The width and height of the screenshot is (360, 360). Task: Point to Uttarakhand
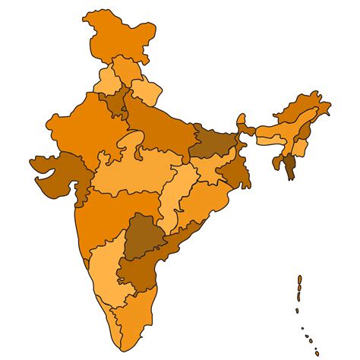(x=147, y=93)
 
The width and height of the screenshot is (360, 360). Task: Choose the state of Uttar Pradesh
(x=159, y=125)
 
